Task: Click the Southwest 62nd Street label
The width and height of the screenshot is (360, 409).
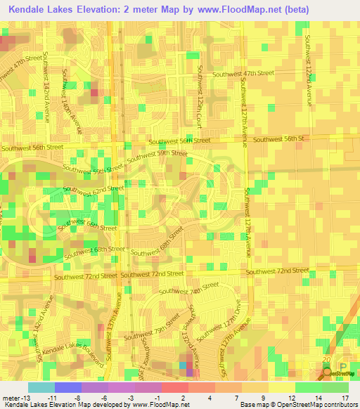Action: coord(94,189)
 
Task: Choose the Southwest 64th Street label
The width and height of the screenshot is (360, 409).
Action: coord(92,227)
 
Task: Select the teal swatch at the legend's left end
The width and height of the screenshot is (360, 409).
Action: coord(41,387)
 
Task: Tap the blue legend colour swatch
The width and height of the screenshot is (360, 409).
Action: coord(68,387)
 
